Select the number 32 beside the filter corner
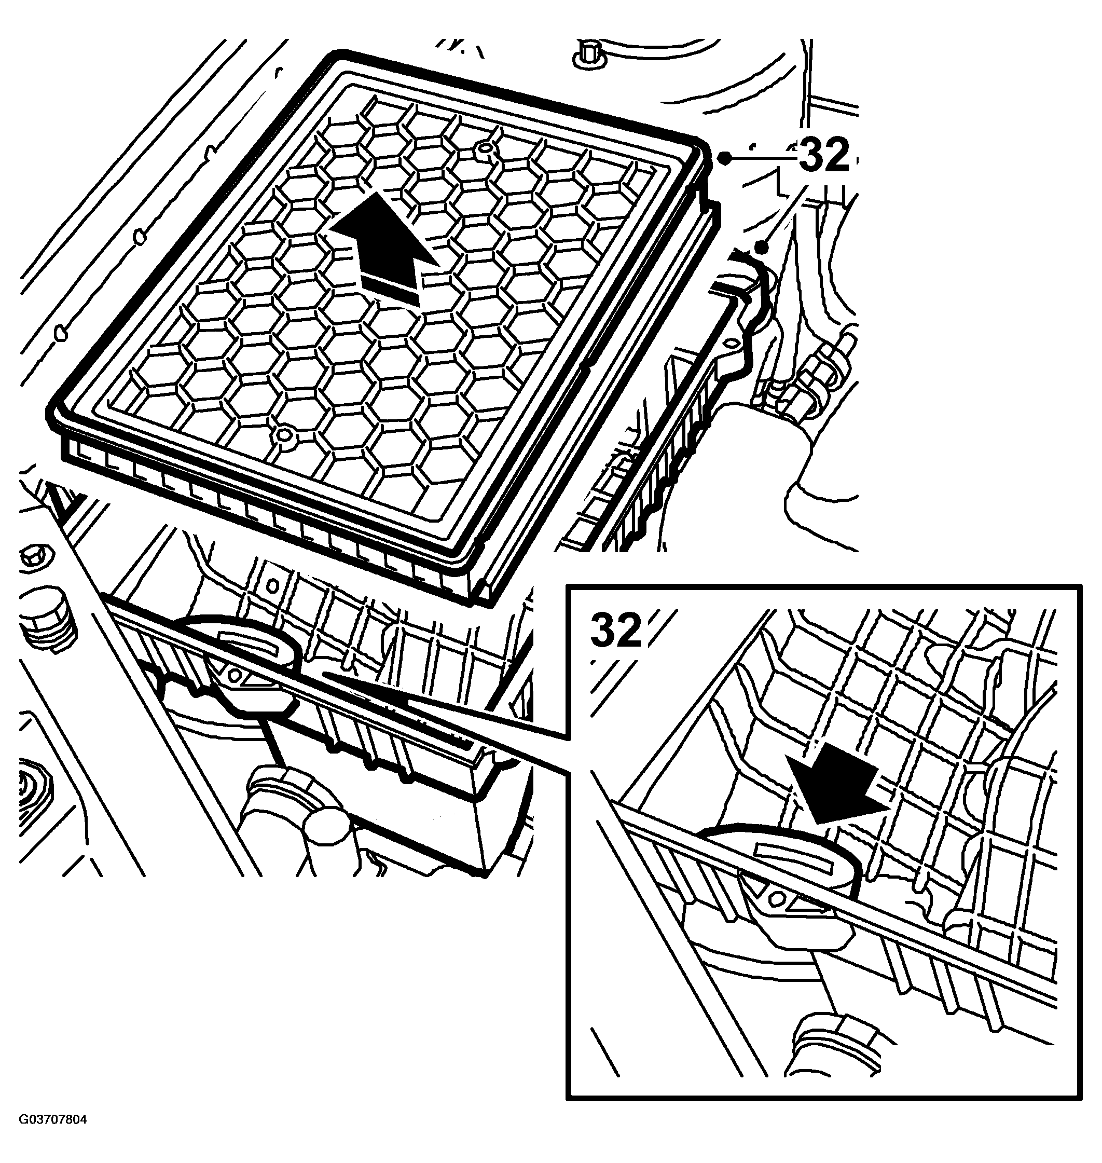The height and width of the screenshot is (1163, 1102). (x=824, y=155)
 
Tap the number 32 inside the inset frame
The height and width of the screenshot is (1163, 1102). (x=616, y=630)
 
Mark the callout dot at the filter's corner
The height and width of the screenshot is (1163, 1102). (x=725, y=157)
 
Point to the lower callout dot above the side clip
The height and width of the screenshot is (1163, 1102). (x=762, y=248)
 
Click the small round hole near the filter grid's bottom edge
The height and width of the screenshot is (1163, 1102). (x=284, y=435)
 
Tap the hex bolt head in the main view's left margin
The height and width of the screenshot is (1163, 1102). (x=36, y=555)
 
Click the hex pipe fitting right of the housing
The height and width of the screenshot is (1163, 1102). (x=817, y=376)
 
